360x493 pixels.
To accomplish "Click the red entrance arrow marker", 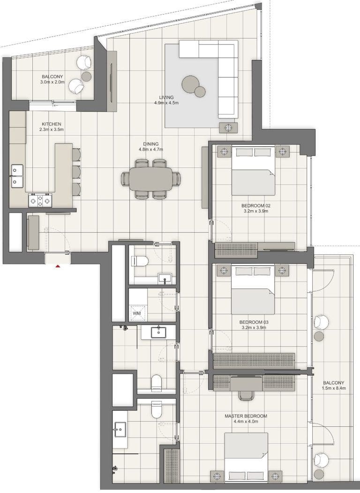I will tap(58, 266).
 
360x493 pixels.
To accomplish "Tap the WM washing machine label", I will tap(136, 313).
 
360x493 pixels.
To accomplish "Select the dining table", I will tap(150, 179).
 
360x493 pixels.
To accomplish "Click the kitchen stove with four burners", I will tap(40, 201).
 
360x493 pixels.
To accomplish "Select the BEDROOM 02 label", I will tap(255, 205).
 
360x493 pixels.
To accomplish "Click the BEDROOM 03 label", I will tap(254, 322).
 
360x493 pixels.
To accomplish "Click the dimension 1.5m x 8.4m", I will tap(334, 388).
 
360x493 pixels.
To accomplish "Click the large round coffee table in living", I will tap(191, 83).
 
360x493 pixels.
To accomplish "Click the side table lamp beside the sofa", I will tap(228, 128).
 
